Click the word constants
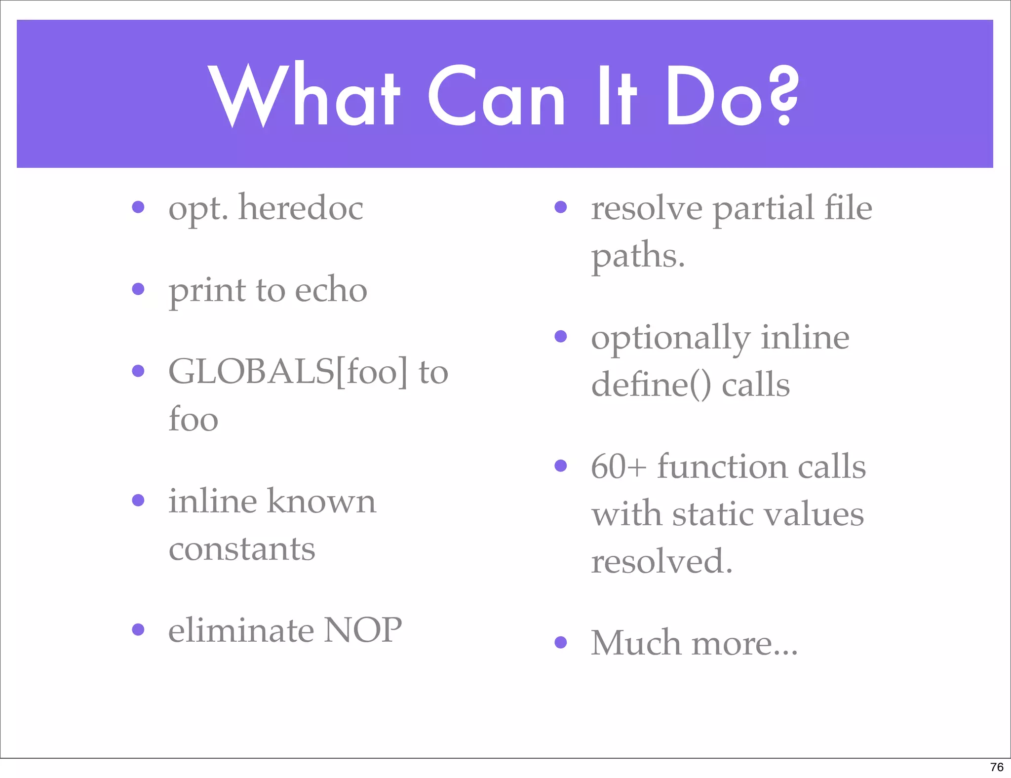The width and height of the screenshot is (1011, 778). click(x=242, y=549)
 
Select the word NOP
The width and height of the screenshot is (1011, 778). click(x=362, y=630)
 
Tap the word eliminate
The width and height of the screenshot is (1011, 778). click(x=240, y=630)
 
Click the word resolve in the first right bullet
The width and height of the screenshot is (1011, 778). click(x=647, y=208)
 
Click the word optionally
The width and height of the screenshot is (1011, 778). click(x=670, y=339)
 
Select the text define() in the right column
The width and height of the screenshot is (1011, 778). click(x=651, y=385)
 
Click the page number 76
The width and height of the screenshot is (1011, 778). click(x=997, y=767)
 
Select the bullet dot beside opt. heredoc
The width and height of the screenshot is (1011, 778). click(x=138, y=207)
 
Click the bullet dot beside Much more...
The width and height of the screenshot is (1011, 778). click(x=560, y=642)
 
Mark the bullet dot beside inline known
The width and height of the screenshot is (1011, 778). click(x=138, y=501)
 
